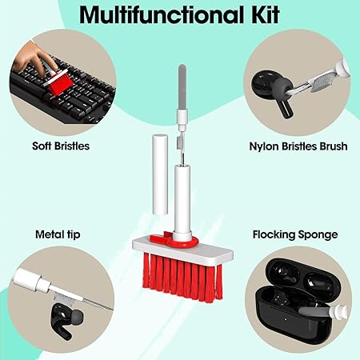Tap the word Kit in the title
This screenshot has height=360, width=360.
[x=265, y=14]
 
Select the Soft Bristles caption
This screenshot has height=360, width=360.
[x=61, y=146]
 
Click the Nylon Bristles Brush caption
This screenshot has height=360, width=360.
[x=298, y=146]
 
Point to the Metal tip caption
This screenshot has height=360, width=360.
[x=58, y=234]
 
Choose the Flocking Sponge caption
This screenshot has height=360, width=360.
[x=295, y=235]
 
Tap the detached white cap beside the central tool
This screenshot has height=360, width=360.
[x=160, y=174]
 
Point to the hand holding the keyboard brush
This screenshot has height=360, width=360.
[x=34, y=58]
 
